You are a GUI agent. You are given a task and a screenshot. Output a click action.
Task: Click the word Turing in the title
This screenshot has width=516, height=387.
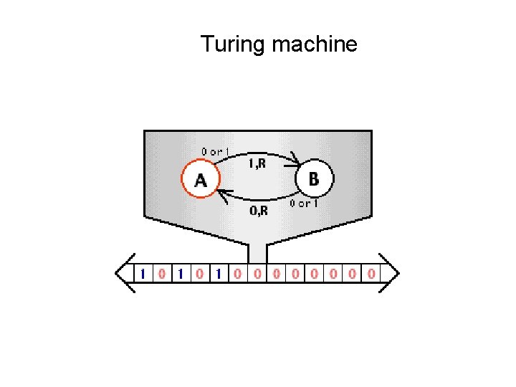(233, 44)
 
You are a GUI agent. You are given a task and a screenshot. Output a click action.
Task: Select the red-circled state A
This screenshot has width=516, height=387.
(199, 180)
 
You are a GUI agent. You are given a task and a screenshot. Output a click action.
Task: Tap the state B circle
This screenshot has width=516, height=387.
(313, 178)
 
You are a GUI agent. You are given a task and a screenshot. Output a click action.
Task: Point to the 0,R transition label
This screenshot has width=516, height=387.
(259, 210)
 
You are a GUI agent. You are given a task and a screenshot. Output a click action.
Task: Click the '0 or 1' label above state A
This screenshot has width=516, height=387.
(215, 152)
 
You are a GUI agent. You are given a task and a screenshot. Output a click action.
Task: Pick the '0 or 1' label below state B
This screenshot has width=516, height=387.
(304, 204)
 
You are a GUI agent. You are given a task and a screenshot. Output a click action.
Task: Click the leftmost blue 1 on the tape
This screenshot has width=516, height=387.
(143, 273)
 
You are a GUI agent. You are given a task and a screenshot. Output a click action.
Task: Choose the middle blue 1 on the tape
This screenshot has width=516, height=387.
(181, 273)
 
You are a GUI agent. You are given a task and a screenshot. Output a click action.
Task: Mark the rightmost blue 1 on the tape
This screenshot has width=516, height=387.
(219, 273)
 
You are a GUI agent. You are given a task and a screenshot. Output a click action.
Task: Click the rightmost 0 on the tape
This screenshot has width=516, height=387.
(371, 273)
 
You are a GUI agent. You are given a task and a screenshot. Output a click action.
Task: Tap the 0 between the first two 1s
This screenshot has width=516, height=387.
(162, 273)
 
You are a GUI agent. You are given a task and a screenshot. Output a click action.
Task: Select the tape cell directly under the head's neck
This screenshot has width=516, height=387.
(257, 273)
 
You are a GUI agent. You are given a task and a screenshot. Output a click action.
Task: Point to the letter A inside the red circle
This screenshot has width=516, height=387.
(200, 181)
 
